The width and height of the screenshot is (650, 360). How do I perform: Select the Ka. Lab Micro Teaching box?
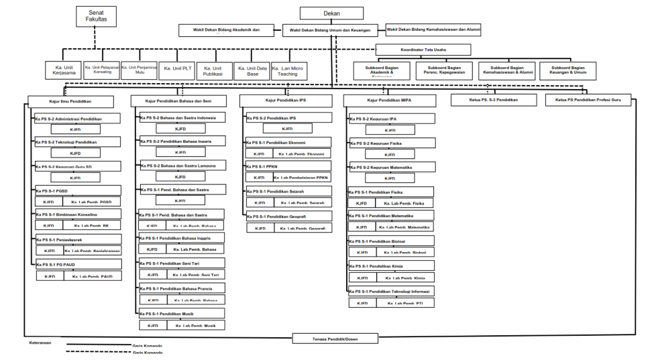[x=290, y=70]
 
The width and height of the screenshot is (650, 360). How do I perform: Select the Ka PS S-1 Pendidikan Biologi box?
[x=391, y=241]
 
